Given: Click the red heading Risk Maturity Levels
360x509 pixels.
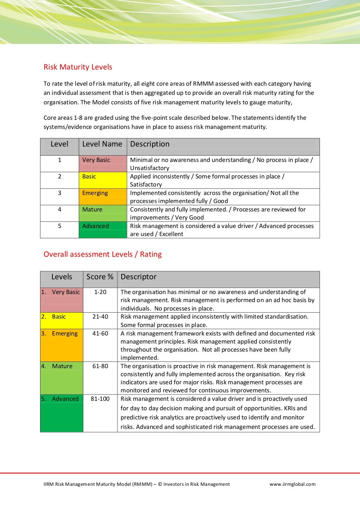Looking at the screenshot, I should [x=78, y=67].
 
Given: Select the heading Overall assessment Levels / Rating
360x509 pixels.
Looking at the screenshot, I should [x=102, y=254].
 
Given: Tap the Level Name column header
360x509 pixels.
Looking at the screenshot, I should [x=102, y=144].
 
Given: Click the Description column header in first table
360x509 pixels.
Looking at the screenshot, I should [x=150, y=144].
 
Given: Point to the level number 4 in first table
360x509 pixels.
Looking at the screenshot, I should [x=59, y=210].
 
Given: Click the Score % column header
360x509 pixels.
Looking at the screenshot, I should [x=100, y=277].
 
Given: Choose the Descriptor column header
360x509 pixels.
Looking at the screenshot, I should [x=139, y=277].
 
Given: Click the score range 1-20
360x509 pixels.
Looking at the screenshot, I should [x=100, y=292].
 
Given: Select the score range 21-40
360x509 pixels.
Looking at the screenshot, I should [x=100, y=317].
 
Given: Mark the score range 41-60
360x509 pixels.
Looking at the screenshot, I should [x=100, y=333].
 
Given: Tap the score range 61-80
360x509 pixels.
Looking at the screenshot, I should [x=100, y=366].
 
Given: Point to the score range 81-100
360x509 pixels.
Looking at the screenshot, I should [x=100, y=399].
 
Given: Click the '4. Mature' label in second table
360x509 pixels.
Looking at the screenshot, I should [x=57, y=366].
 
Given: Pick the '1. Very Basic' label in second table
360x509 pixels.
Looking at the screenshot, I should [x=61, y=292].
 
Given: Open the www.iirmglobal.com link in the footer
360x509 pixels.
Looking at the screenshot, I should [x=292, y=484].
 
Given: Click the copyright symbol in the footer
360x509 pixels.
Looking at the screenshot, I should [x=160, y=484].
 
